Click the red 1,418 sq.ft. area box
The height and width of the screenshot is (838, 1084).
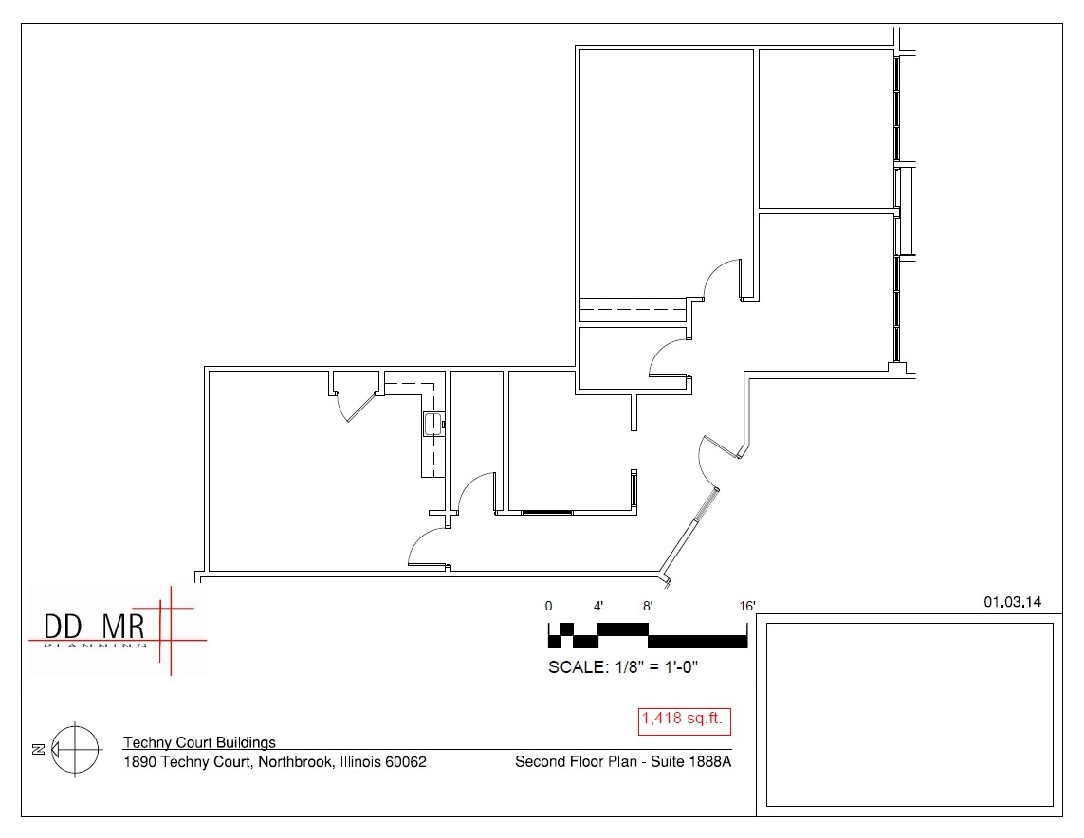(684, 720)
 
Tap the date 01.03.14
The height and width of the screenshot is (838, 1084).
(1013, 601)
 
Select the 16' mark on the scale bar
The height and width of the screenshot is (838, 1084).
(747, 606)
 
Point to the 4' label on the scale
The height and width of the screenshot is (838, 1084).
(598, 606)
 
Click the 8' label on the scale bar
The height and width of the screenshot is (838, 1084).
(648, 606)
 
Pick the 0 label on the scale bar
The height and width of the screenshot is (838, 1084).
(548, 606)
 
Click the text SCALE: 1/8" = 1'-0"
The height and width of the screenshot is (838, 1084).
(623, 666)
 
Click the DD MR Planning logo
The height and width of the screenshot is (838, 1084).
(114, 630)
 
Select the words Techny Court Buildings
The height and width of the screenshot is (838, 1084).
(199, 742)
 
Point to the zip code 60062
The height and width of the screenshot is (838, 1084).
(406, 761)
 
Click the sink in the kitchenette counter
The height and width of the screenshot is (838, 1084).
(432, 423)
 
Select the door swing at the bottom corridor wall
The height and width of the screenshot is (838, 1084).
(425, 550)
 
